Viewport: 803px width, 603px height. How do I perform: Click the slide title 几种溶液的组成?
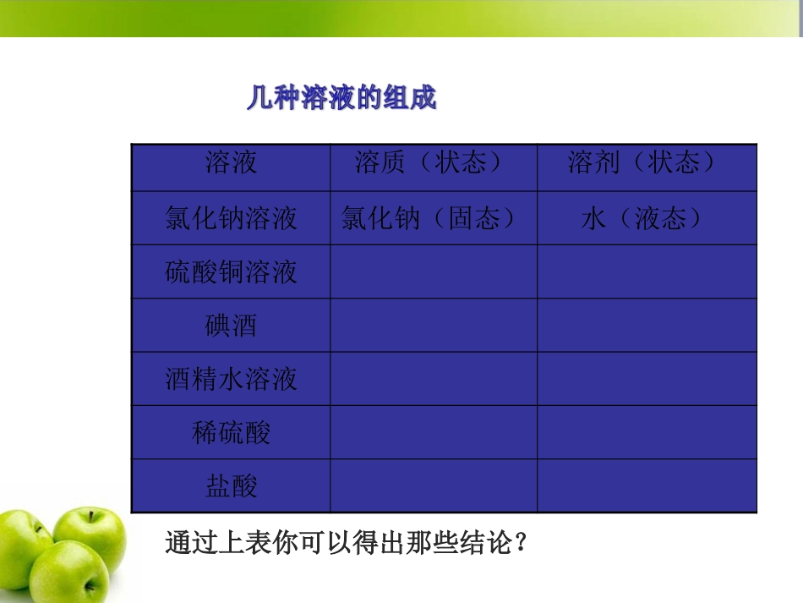(341, 98)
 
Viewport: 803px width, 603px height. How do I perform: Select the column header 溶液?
(231, 163)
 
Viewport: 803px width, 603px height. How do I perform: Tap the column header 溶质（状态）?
(433, 163)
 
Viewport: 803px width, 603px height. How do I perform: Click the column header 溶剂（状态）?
(647, 163)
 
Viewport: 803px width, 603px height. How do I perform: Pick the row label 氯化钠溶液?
(231, 219)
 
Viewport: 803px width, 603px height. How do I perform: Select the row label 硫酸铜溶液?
(231, 272)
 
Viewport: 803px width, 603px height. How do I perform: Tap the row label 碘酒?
(231, 326)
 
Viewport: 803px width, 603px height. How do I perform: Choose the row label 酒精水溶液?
(231, 379)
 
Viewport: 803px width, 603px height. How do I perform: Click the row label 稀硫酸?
(231, 433)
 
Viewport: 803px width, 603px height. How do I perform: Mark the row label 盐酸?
(231, 486)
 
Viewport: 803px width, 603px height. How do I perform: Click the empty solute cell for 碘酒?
(433, 326)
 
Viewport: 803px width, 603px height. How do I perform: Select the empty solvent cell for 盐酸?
(647, 486)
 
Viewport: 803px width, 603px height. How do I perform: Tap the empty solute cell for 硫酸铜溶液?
(433, 272)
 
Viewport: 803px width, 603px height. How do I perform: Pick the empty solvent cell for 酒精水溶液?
(647, 379)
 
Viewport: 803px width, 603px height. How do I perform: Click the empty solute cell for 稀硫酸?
(433, 433)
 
